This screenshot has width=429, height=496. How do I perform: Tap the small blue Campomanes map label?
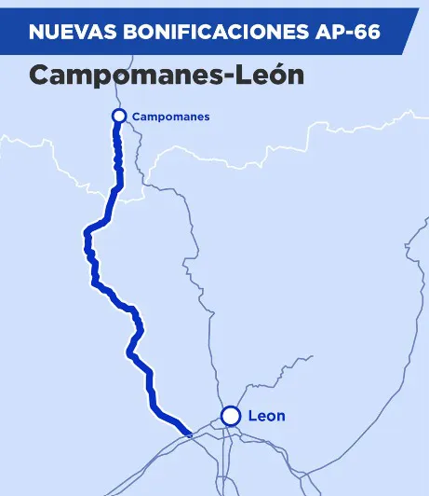tap(170, 117)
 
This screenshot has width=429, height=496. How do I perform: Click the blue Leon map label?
tap(267, 416)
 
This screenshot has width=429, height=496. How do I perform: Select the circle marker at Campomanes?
tap(118, 116)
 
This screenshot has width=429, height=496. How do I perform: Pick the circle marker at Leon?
tap(230, 416)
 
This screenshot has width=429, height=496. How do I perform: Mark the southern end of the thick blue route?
tap(189, 433)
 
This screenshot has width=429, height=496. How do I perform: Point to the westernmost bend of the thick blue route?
tap(86, 233)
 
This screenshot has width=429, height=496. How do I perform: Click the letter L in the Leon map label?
tap(253, 416)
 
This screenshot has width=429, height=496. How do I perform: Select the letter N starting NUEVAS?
tap(35, 33)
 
